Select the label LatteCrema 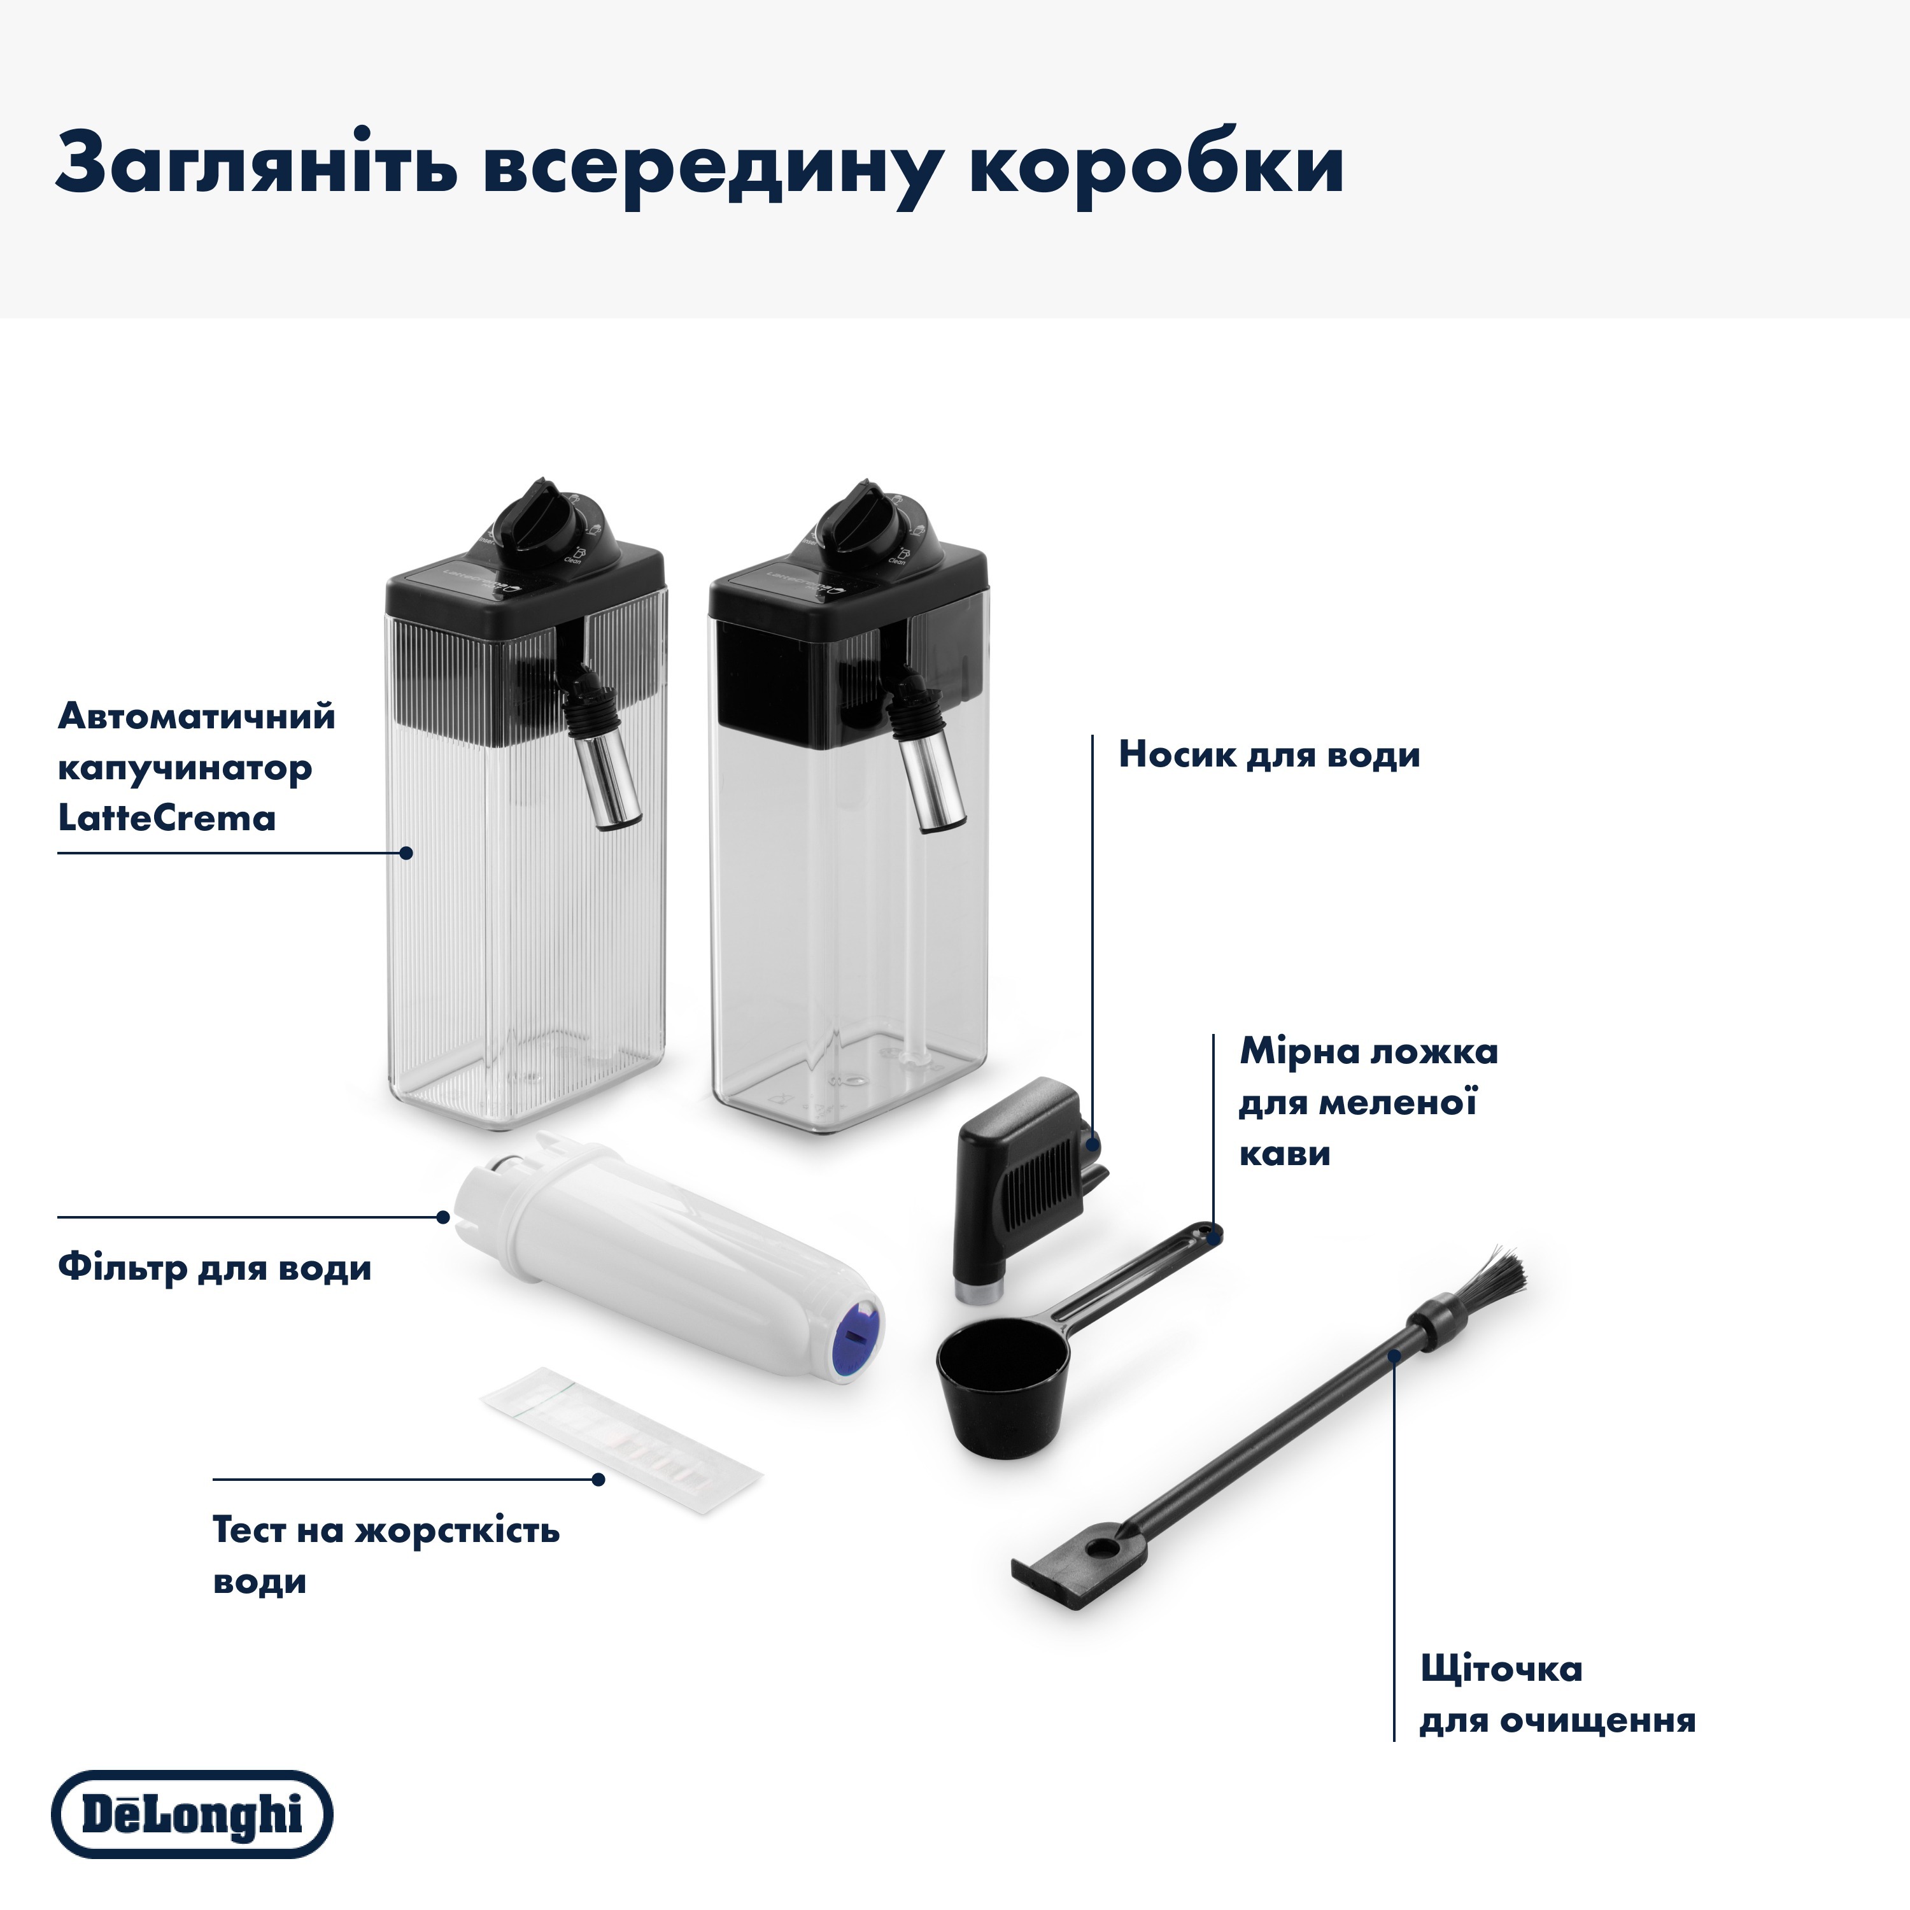166,819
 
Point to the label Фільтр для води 215,1268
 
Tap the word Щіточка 1501,1670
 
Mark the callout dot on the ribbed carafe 407,852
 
